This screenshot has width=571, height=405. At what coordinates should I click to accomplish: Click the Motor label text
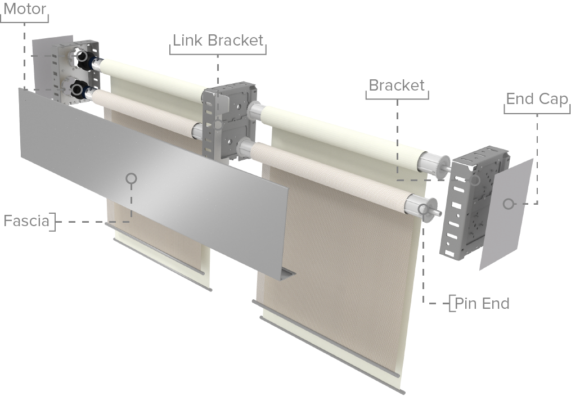24,10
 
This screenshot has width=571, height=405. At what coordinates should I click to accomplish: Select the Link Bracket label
218,40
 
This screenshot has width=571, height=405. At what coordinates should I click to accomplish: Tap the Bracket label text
396,85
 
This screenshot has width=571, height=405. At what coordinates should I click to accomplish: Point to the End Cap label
537,99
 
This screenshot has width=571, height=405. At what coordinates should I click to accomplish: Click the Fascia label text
26,220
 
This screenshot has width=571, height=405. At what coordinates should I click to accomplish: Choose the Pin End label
482,304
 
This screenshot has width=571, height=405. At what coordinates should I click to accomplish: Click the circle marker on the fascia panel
131,178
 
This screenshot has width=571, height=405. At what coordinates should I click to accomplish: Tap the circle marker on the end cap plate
509,204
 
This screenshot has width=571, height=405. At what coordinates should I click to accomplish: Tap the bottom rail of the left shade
163,262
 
